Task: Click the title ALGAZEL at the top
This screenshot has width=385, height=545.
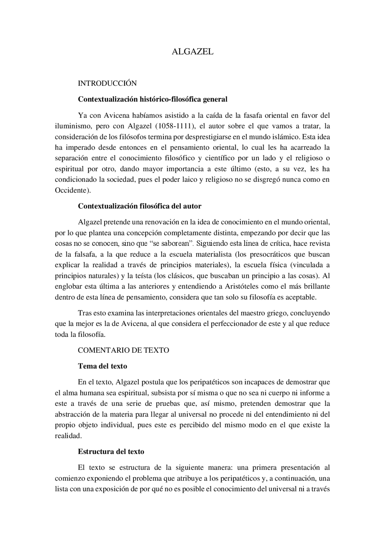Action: tap(192, 52)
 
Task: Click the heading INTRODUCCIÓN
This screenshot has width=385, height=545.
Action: tap(107, 83)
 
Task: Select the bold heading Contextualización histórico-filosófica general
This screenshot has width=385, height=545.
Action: tap(152, 99)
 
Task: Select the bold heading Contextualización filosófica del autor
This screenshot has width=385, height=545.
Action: tap(140, 206)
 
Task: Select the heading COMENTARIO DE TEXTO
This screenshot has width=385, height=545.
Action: tap(123, 350)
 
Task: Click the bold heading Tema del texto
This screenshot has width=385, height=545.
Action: tap(103, 366)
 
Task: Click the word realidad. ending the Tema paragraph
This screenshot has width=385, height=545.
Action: tap(68, 436)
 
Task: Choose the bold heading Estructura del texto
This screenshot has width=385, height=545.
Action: tap(111, 452)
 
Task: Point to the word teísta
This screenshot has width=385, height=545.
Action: tap(140, 276)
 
